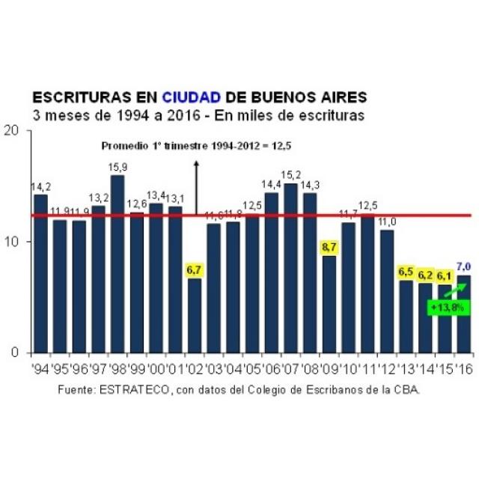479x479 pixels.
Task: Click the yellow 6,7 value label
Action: [194, 268]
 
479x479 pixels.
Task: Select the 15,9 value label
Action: [118, 166]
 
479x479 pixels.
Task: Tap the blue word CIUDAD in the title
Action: [192, 98]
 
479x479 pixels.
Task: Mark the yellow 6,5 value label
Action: [406, 272]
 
